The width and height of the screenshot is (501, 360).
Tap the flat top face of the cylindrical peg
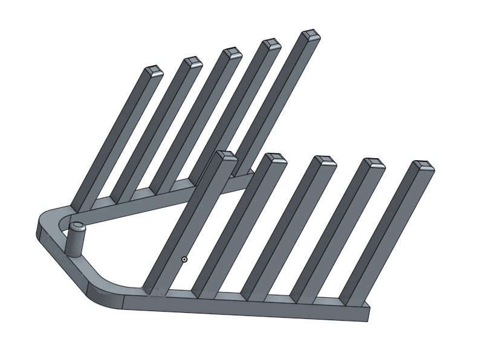[x=77, y=227]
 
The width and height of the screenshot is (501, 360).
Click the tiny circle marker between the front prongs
[x=184, y=259]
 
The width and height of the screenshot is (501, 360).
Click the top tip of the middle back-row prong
[x=231, y=53]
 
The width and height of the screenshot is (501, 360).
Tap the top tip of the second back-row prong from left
[x=193, y=61]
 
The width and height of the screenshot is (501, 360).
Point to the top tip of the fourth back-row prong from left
[x=271, y=43]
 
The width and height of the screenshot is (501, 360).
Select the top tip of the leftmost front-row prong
[x=225, y=156]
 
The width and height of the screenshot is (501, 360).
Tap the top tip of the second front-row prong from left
[x=275, y=158]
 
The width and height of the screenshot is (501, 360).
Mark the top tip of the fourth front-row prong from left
[x=375, y=163]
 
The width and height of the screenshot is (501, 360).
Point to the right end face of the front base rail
[x=367, y=313]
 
